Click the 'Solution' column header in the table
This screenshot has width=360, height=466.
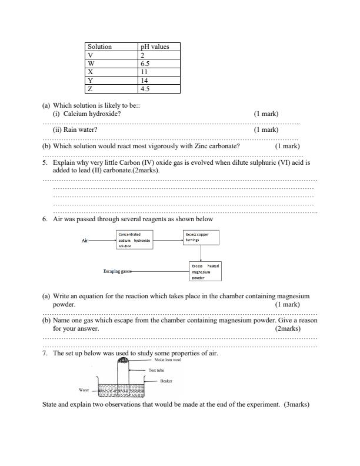pyautogui.click(x=99, y=46)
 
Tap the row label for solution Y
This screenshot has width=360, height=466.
pyautogui.click(x=90, y=81)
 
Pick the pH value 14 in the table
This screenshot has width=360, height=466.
pyautogui.click(x=144, y=81)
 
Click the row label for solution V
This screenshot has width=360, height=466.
pyautogui.click(x=90, y=55)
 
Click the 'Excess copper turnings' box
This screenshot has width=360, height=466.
pyautogui.click(x=201, y=237)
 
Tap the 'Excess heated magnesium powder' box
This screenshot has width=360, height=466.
pyautogui.click(x=205, y=271)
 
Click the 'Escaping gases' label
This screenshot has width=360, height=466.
pyautogui.click(x=117, y=272)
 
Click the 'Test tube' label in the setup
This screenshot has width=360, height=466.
pyautogui.click(x=156, y=370)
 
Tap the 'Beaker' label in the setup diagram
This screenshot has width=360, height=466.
pyautogui.click(x=166, y=381)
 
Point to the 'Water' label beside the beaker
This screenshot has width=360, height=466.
pyautogui.click(x=84, y=390)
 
